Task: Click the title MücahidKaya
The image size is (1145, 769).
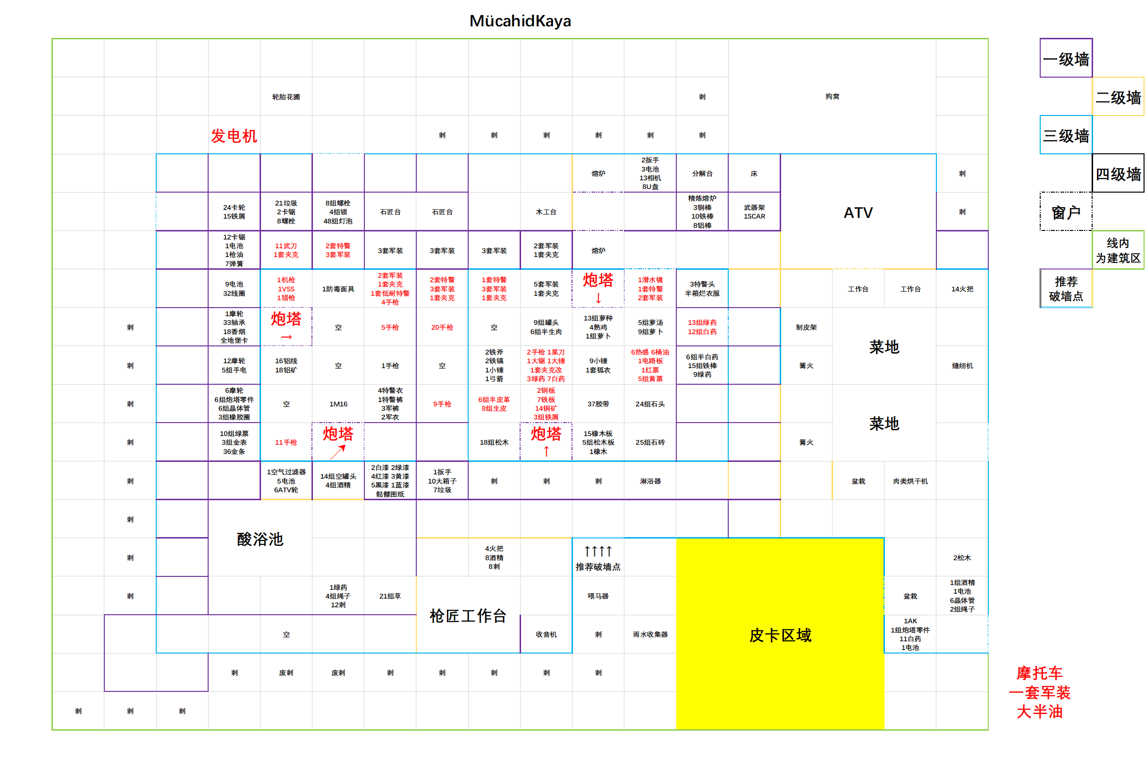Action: pos(520,21)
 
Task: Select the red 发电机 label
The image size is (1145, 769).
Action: pos(234,136)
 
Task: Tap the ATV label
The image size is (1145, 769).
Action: pos(858,213)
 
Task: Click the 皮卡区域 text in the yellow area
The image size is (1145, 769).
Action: pos(780,635)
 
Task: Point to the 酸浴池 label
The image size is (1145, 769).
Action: pos(260,539)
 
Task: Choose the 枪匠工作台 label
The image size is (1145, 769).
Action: pos(468,616)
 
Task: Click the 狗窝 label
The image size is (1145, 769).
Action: pos(832,97)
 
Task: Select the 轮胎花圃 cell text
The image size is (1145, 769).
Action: pos(286,97)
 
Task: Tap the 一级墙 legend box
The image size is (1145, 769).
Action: pos(1065,59)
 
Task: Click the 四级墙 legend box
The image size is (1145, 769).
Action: pos(1117,174)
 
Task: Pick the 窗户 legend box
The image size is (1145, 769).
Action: pos(1065,212)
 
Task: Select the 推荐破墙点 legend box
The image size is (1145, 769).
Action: pos(1065,288)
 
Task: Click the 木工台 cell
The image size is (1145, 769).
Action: pos(546,212)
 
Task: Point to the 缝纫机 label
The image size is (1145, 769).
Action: pos(962,365)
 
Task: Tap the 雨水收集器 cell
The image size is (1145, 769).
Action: pos(650,634)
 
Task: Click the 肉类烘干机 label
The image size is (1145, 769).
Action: pos(910,481)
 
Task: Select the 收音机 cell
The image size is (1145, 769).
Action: pos(546,634)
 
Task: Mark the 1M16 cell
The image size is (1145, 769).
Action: pos(338,404)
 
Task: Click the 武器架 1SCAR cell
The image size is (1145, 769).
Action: pos(753,212)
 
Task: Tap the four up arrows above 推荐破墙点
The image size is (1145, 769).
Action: pos(598,551)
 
